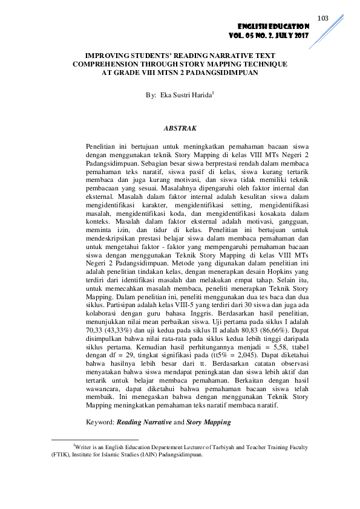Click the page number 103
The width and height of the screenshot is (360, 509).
(x=322, y=19)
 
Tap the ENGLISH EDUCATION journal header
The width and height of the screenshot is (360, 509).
(x=273, y=27)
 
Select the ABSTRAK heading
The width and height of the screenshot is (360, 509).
(x=180, y=128)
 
